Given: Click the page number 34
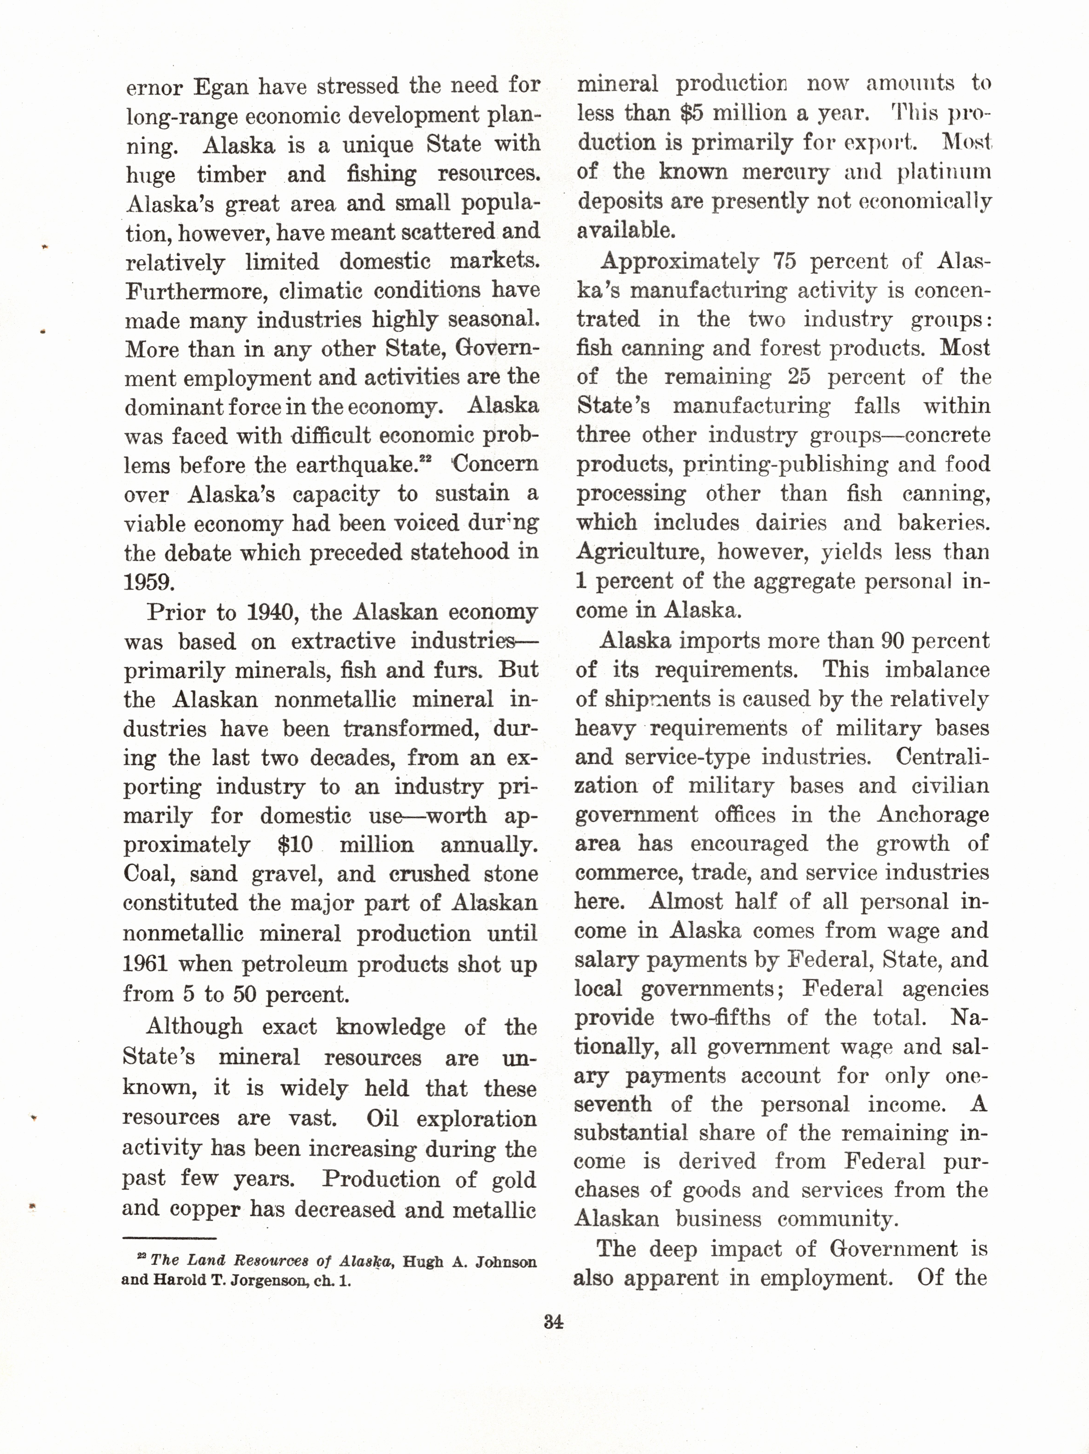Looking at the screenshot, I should click(x=554, y=1321).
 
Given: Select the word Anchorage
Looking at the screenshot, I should click(x=932, y=815).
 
